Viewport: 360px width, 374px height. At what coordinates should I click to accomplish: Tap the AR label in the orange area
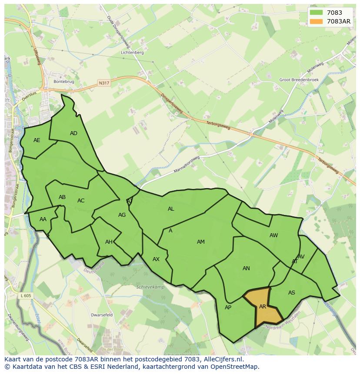point(263,306)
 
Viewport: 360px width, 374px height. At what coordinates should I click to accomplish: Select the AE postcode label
point(37,140)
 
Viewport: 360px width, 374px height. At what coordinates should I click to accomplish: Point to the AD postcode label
point(73,133)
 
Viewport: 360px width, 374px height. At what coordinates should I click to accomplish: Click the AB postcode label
point(62,197)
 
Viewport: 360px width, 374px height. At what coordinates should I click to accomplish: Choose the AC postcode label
point(81,201)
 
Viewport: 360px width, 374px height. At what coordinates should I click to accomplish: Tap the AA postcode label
point(43,219)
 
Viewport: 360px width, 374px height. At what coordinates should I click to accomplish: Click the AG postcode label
point(122,215)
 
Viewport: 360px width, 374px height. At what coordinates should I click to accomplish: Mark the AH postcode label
point(109,242)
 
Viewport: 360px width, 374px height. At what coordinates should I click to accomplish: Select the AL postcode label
point(171,209)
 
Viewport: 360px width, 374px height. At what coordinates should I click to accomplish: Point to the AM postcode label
point(200,242)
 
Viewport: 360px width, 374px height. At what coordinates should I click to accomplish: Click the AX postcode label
point(156,259)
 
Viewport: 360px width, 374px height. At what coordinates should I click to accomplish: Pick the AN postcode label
point(246,268)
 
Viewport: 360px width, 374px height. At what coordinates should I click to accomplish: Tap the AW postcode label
point(273,235)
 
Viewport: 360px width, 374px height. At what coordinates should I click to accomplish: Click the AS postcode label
point(291,292)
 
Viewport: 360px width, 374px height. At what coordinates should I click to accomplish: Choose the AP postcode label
point(228,308)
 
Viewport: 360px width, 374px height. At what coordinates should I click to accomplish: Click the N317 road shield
point(104,83)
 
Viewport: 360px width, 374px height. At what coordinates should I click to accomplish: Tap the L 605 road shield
point(26,295)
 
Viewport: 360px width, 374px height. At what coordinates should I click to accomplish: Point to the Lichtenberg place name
point(133,53)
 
